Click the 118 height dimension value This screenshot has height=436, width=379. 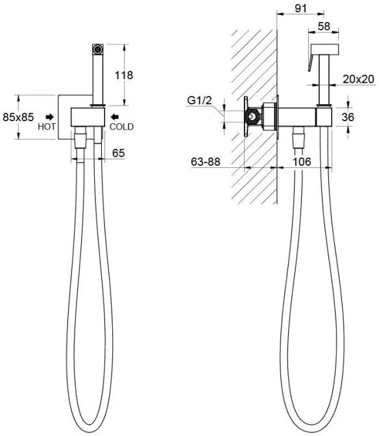tap(124, 75)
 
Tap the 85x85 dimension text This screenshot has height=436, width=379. tap(18, 117)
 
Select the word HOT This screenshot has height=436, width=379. tap(47, 126)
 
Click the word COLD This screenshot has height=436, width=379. tap(121, 126)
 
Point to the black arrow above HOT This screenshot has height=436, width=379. tap(50, 117)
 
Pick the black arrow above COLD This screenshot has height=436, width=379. tap(114, 117)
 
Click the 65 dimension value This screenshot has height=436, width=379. tap(118, 153)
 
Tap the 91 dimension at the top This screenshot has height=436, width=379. tap(300, 8)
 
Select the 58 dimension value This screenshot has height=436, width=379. tap(324, 26)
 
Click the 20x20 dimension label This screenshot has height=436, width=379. tap(358, 79)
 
